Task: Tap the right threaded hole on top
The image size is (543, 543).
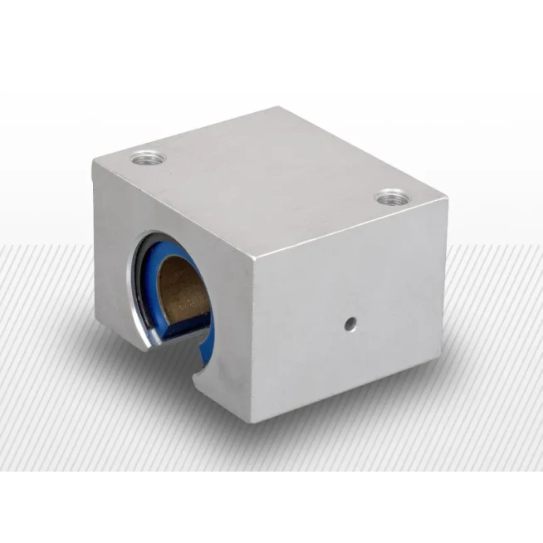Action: pos(391,198)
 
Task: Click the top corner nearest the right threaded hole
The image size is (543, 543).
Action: pos(448,199)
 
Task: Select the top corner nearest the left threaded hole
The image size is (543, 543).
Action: pos(94,164)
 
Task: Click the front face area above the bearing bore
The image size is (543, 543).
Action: pos(174,208)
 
